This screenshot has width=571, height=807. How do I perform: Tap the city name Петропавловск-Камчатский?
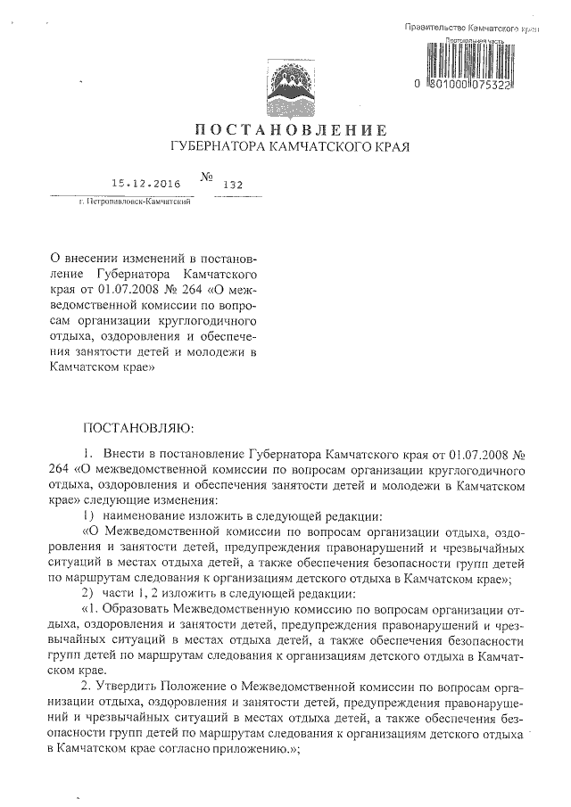click(x=137, y=202)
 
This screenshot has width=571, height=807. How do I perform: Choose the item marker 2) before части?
click(x=87, y=594)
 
